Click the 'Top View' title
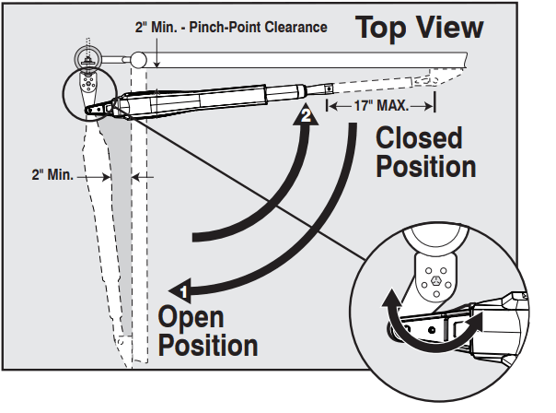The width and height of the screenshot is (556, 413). (x=419, y=28)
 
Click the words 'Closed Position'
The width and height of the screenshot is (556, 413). (x=425, y=153)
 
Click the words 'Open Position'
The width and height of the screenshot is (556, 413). (x=207, y=332)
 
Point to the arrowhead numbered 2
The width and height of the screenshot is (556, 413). (x=303, y=116)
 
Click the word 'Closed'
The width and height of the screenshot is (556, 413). (x=420, y=138)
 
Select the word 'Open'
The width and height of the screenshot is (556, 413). (x=191, y=317)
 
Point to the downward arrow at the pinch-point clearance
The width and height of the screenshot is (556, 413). (x=159, y=60)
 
